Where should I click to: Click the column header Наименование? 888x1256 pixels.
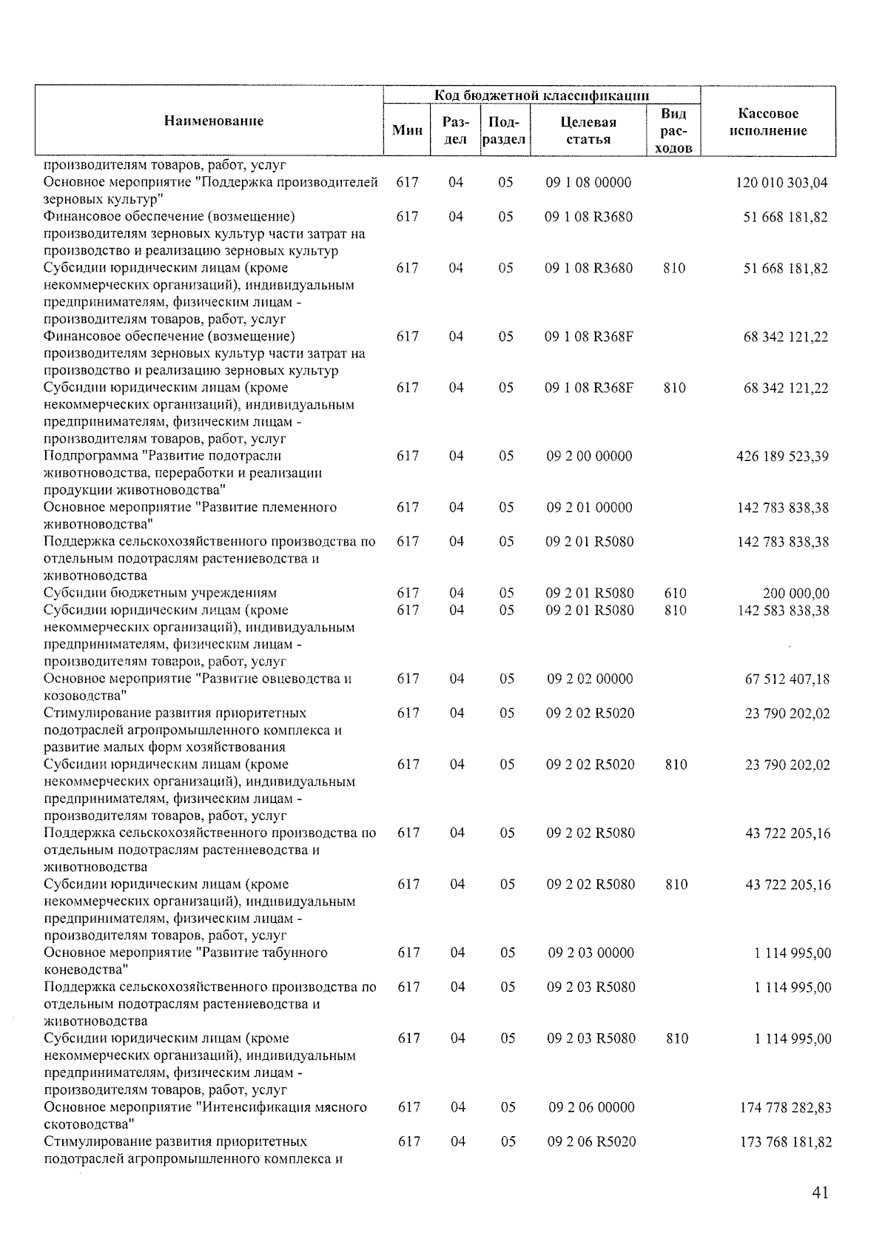pos(213,121)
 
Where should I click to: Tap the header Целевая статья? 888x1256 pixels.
pos(588,130)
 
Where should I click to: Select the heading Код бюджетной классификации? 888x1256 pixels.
pos(542,95)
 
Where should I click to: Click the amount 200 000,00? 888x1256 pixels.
pos(795,594)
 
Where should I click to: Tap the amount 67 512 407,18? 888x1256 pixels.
pos(787,679)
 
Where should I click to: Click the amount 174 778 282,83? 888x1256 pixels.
pos(785,1108)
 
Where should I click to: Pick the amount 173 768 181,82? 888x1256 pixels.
pos(785,1142)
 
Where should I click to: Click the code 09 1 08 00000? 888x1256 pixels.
pos(588,182)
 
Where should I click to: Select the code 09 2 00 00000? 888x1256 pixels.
pos(589,456)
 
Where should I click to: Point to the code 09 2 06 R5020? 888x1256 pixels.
pos(591,1141)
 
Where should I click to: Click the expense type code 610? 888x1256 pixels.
pos(675,593)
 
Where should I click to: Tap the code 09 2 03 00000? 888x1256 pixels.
pos(591,953)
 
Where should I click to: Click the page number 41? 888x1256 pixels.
pos(819,1192)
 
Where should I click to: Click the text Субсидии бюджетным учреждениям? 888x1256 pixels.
pos(160,593)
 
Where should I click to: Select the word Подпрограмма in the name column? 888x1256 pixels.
pos(90,456)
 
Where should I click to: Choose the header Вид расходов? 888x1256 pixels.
pos(673,130)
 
